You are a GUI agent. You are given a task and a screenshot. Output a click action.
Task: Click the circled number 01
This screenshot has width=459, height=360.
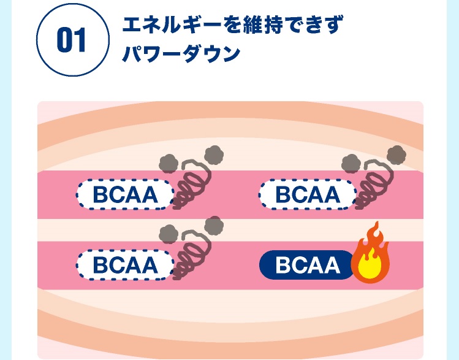tap(71, 40)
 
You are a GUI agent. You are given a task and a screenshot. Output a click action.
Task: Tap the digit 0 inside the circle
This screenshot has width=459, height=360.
tap(64, 41)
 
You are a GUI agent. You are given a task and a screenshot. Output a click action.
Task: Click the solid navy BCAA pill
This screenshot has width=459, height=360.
tap(308, 265)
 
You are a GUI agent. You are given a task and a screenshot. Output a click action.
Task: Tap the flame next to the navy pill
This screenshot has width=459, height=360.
tap(370, 258)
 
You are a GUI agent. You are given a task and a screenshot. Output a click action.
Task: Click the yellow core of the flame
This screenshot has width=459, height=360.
tap(371, 266)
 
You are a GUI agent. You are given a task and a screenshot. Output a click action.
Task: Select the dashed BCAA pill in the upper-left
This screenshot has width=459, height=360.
tap(125, 195)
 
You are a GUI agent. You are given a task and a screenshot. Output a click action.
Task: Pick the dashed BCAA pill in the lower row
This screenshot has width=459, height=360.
tap(125, 266)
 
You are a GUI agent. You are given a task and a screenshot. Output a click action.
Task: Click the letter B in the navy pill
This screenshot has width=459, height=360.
tap(283, 266)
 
